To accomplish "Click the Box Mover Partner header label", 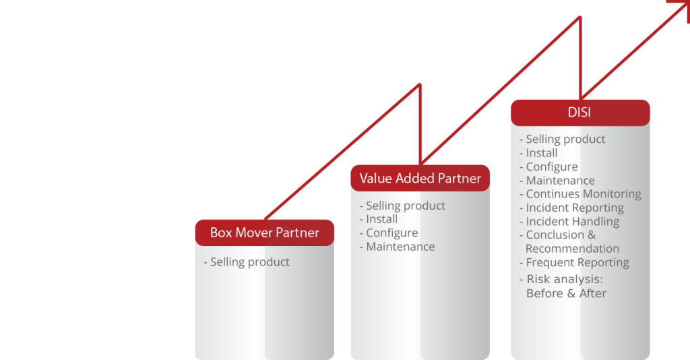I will [x=264, y=233].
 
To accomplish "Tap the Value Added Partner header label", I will [x=420, y=179].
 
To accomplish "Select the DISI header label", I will [x=579, y=113].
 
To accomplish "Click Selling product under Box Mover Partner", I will [x=249, y=262].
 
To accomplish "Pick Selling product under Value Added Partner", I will [x=405, y=206].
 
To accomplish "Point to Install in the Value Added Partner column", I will [x=381, y=219].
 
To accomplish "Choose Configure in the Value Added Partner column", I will [x=391, y=233].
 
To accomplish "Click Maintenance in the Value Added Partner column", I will [x=400, y=247].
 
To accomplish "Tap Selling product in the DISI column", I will [x=565, y=139].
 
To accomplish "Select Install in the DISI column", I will [x=541, y=153].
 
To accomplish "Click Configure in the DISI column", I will [x=551, y=167].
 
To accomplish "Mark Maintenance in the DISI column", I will [x=560, y=181].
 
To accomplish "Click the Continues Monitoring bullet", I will [x=583, y=194].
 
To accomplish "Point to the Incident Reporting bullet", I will [x=574, y=208].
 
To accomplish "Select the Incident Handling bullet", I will [x=572, y=221].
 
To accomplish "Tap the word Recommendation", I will [x=572, y=249].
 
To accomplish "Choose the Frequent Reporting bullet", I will [x=577, y=262].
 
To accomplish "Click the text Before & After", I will [x=566, y=293].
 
